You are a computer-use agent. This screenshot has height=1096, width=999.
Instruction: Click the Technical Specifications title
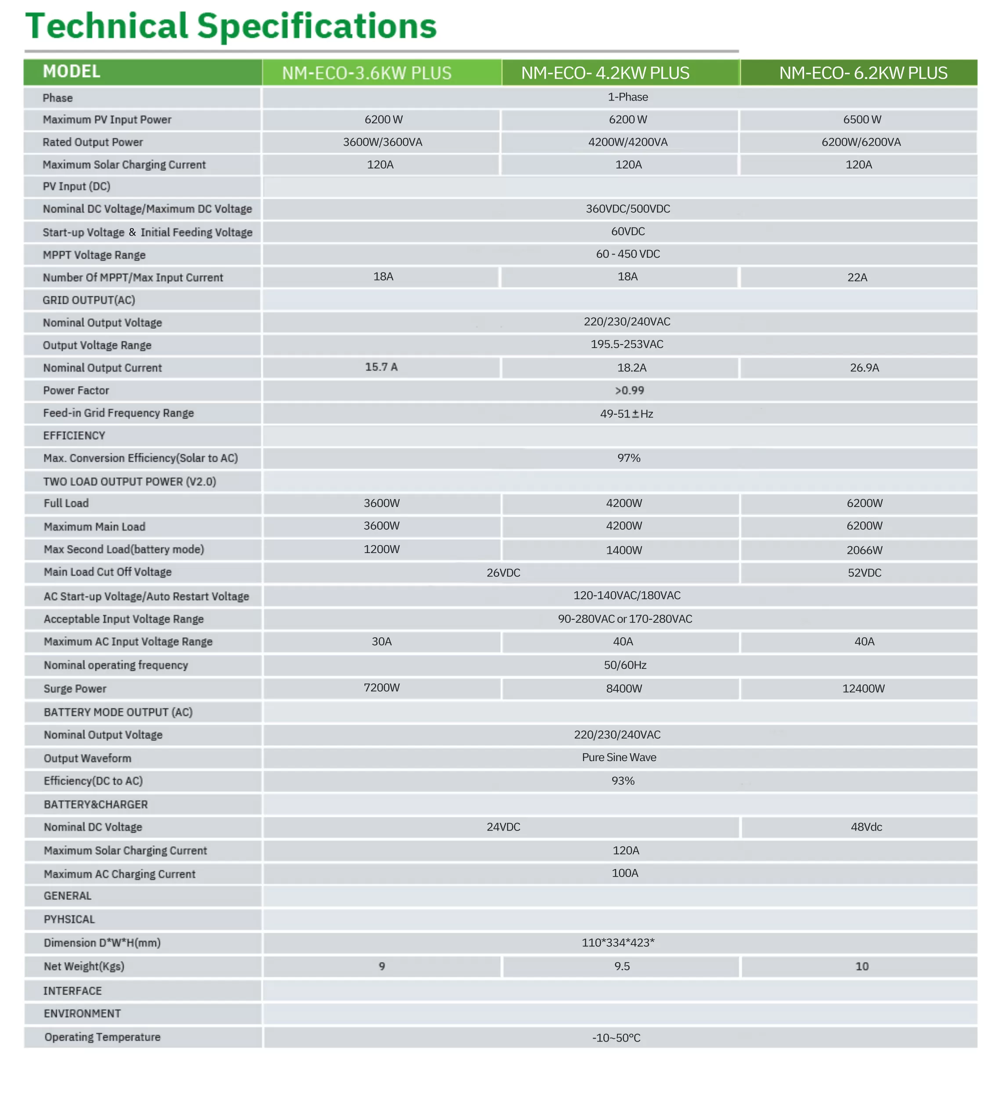click(x=231, y=26)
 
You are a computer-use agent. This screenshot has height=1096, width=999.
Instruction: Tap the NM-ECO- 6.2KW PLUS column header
click(x=862, y=73)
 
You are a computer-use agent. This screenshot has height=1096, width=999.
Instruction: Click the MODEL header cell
click(x=71, y=72)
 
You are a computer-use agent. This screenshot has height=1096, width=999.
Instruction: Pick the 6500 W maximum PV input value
click(x=862, y=119)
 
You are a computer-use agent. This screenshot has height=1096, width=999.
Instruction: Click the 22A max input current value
click(x=857, y=278)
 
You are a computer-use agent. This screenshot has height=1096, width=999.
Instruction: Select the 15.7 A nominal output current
click(x=381, y=367)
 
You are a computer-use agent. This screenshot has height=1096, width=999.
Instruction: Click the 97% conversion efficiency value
click(x=629, y=458)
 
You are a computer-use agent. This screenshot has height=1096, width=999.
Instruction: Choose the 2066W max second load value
click(x=864, y=550)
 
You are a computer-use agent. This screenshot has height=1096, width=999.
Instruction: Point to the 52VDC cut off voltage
click(x=864, y=573)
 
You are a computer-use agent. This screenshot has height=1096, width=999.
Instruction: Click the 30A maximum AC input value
click(x=381, y=642)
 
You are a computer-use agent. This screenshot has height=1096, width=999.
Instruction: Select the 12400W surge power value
click(x=863, y=689)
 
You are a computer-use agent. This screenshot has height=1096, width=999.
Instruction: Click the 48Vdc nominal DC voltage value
click(x=866, y=827)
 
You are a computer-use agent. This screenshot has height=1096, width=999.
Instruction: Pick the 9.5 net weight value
click(x=622, y=967)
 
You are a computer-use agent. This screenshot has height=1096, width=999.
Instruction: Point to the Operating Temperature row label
click(x=102, y=1037)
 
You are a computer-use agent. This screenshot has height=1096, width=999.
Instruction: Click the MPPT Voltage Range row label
click(x=94, y=255)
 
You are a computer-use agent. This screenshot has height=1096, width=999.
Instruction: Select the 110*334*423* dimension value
click(x=618, y=943)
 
